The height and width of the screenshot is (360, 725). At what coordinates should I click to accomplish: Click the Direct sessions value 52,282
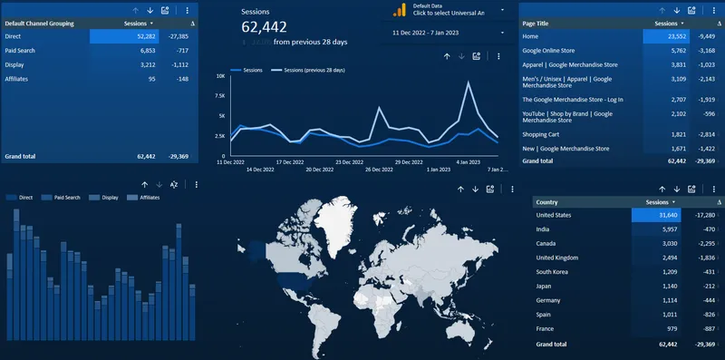click(143, 36)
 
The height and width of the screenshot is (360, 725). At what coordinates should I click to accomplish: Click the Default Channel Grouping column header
click(40, 23)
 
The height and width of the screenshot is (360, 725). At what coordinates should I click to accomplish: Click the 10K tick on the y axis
click(220, 76)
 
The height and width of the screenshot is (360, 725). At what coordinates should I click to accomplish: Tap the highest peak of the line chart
click(468, 83)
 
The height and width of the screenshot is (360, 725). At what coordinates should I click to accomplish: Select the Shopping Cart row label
click(543, 133)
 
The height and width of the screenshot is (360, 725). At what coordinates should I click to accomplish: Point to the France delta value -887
click(707, 328)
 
